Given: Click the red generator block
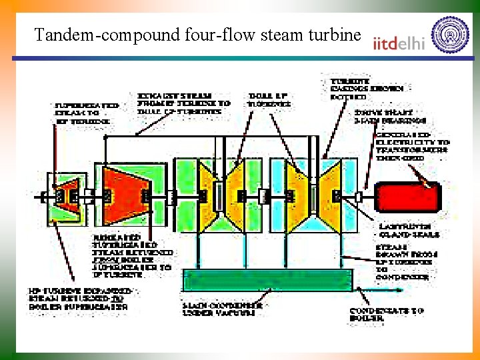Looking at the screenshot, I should (x=409, y=197).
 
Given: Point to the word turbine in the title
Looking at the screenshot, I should (x=331, y=34).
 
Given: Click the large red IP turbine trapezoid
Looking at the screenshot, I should (x=123, y=195).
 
